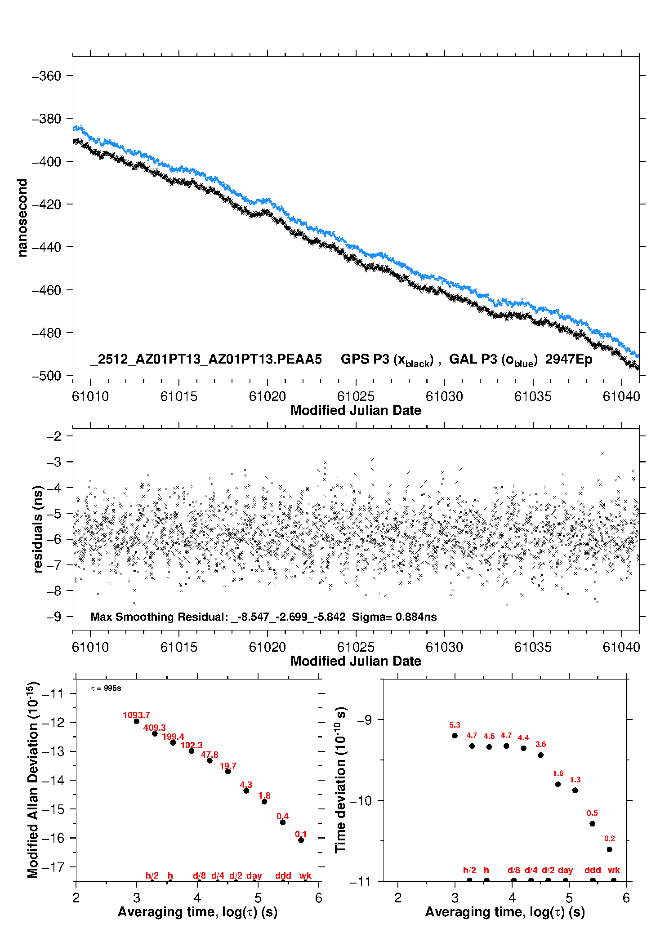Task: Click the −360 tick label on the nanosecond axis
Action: pos(46,76)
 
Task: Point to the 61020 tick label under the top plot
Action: pos(267,396)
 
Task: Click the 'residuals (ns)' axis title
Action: pos(38,529)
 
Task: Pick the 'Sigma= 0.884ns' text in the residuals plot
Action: pos(394,617)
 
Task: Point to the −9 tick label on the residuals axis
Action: pos(54,617)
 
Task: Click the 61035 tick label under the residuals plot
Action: pos(532,647)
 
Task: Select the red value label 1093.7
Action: pos(136,715)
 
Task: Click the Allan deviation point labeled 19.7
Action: pos(228,772)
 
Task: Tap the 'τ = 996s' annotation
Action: pos(106,688)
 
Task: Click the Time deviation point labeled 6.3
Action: pos(455,736)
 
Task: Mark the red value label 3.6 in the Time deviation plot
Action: pos(540,744)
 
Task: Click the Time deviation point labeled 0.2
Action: pos(610,849)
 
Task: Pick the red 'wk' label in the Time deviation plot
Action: pos(614,870)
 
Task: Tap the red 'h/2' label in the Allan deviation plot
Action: pos(152,875)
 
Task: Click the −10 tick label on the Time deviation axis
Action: pos(360,800)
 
